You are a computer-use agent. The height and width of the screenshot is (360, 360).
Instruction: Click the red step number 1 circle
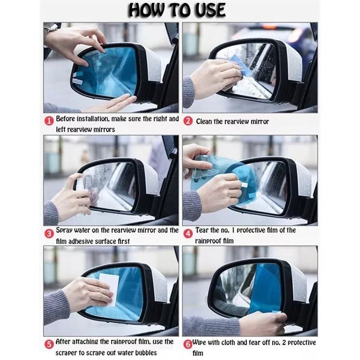click(x=49, y=121)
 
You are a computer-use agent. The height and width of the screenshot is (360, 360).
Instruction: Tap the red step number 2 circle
click(x=188, y=121)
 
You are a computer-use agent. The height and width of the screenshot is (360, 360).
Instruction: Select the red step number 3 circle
click(x=49, y=234)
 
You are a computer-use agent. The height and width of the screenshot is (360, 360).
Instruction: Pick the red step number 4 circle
click(x=188, y=234)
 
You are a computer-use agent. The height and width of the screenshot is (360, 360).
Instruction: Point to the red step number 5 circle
click(x=49, y=344)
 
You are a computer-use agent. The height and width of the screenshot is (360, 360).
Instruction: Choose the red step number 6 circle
click(x=188, y=344)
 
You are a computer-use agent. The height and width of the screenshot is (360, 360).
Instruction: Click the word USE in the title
click(x=210, y=10)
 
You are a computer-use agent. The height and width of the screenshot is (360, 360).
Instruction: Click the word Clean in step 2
click(x=204, y=121)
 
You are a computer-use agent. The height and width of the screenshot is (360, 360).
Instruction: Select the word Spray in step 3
click(x=64, y=230)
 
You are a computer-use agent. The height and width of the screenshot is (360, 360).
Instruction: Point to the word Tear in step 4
click(x=202, y=230)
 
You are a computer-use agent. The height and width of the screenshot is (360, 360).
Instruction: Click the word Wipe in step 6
click(x=199, y=342)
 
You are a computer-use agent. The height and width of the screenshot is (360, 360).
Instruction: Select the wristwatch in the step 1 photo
click(x=52, y=29)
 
